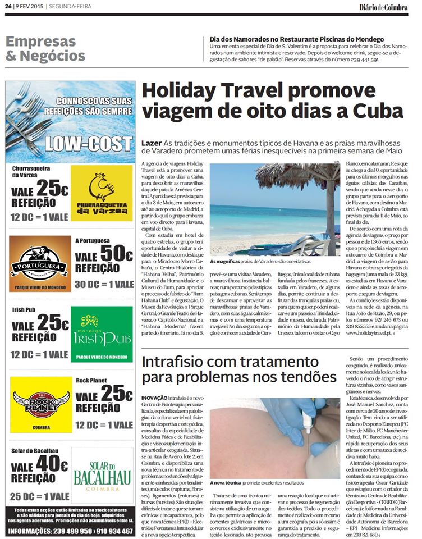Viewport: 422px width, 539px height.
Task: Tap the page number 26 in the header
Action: pos(8,7)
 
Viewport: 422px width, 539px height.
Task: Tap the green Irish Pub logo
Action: pos(102,334)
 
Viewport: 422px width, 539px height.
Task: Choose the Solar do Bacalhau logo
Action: pos(102,477)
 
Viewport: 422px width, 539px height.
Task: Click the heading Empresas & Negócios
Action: pos(45,49)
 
